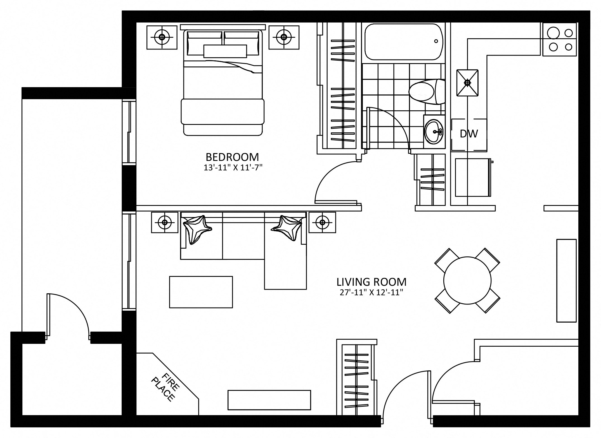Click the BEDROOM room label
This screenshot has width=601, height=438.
pyautogui.click(x=232, y=157)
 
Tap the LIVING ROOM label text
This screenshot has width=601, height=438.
pyautogui.click(x=372, y=282)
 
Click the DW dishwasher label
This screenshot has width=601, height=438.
pyautogui.click(x=469, y=134)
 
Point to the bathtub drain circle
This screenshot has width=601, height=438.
pyautogui.click(x=436, y=41)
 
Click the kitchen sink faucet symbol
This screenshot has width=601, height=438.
pyautogui.click(x=467, y=83)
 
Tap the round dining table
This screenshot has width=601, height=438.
pyautogui.click(x=467, y=280)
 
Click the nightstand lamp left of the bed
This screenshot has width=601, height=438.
pyautogui.click(x=162, y=37)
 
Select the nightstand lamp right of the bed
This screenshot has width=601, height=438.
pyautogui.click(x=284, y=37)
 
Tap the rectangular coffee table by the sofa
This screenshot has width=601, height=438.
pyautogui.click(x=201, y=292)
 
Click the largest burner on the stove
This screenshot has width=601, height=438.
pyautogui.click(x=553, y=33)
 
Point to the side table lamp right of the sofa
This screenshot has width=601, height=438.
pyautogui.click(x=322, y=222)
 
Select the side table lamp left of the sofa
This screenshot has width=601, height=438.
pyautogui.click(x=165, y=222)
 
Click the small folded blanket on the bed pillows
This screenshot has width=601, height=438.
pyautogui.click(x=225, y=51)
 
